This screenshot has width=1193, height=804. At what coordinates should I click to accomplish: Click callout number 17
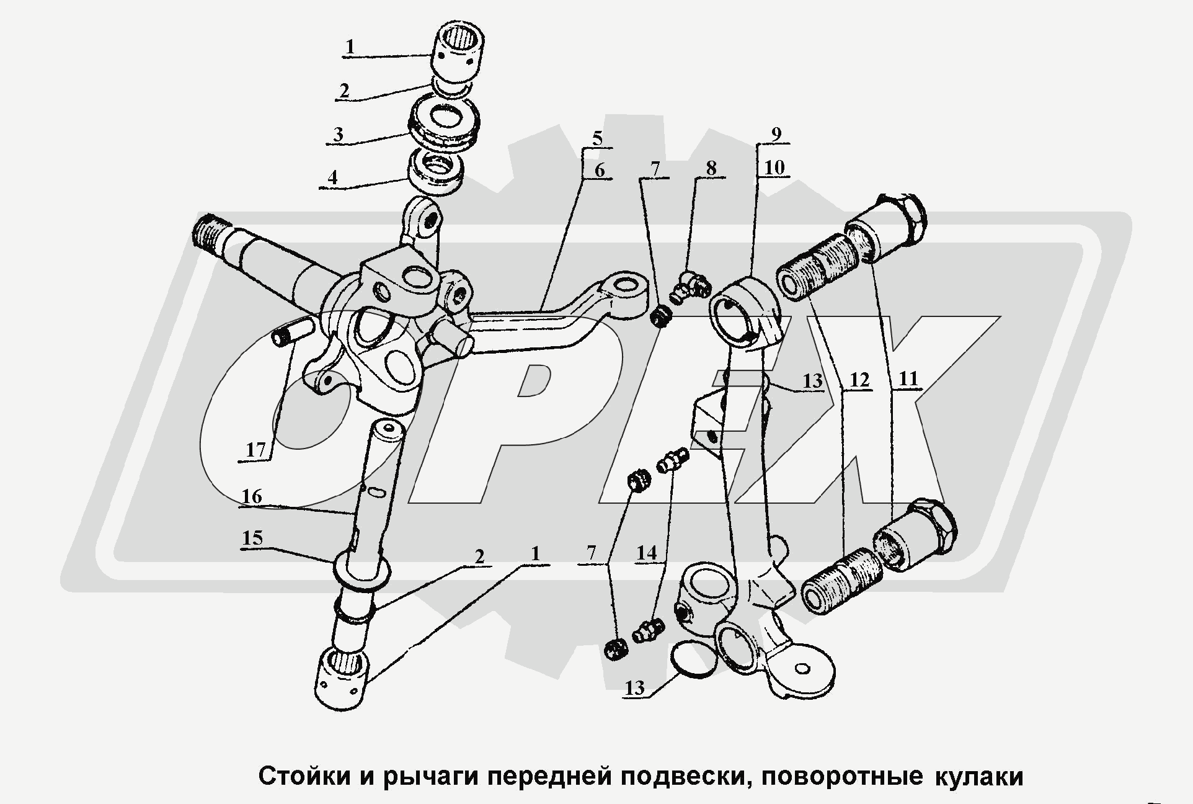click(x=255, y=450)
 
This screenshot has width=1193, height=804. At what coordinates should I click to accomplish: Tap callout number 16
click(x=252, y=497)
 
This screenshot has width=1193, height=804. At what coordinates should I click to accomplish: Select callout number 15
click(x=252, y=538)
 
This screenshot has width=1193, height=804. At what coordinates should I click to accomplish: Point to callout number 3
click(x=338, y=135)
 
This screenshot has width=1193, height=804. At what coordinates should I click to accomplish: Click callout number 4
click(x=333, y=177)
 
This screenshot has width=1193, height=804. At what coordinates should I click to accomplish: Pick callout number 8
click(x=711, y=167)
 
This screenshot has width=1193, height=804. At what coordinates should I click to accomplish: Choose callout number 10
click(x=774, y=167)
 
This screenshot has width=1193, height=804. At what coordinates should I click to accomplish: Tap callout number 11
click(x=908, y=378)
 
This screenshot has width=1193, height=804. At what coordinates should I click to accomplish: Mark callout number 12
click(x=859, y=380)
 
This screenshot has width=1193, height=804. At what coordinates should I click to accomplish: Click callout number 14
click(x=646, y=552)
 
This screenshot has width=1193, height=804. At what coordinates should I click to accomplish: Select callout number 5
click(x=596, y=138)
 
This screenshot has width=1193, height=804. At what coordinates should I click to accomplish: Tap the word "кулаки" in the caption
click(x=978, y=776)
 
